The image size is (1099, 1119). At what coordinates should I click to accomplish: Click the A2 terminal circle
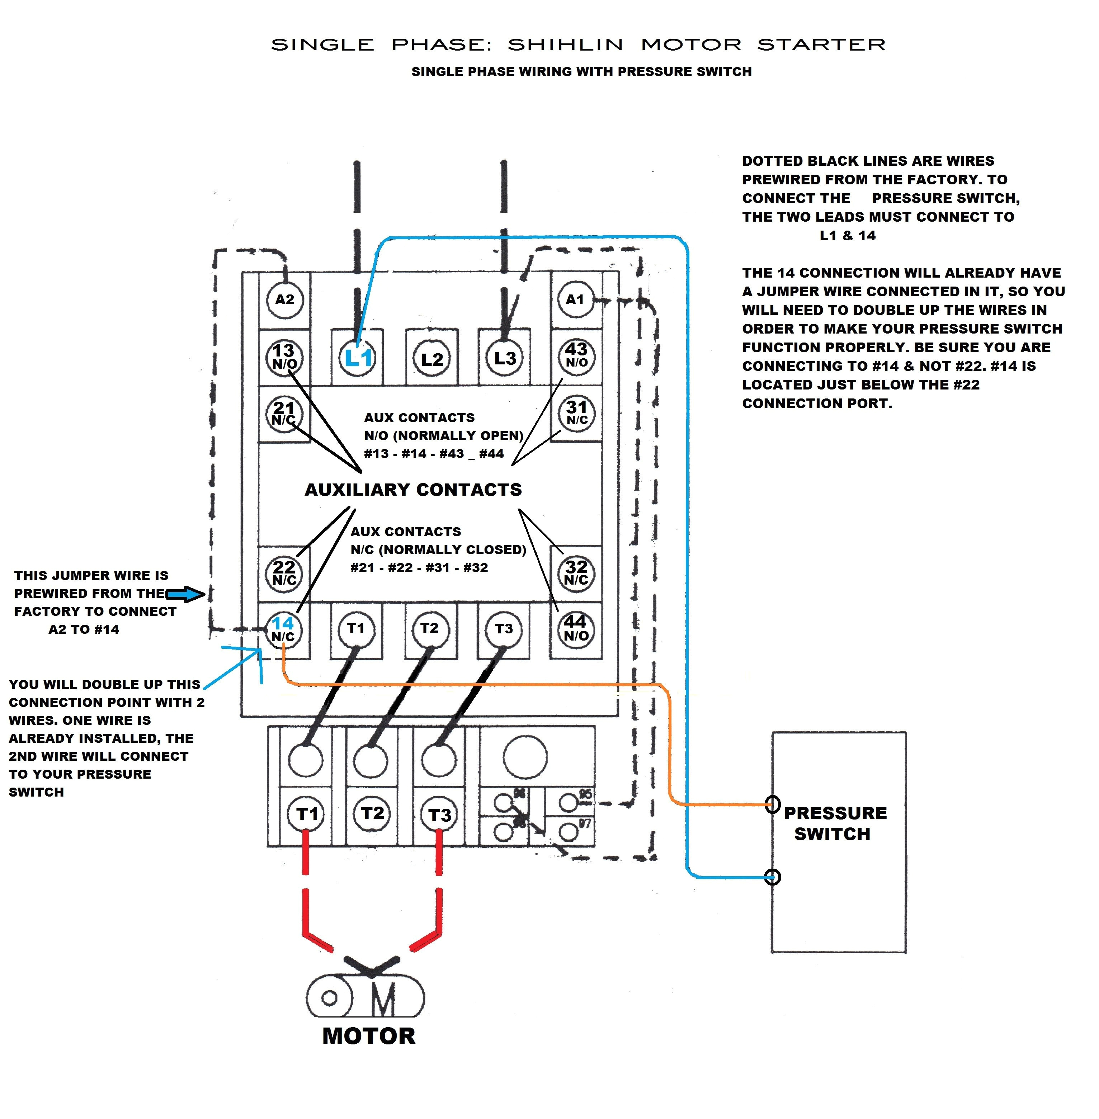pyautogui.click(x=284, y=299)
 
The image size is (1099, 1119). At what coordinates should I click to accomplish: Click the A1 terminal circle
pyautogui.click(x=575, y=299)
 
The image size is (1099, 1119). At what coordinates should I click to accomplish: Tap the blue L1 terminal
pyautogui.click(x=358, y=358)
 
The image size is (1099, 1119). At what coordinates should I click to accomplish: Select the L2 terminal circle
pyautogui.click(x=432, y=359)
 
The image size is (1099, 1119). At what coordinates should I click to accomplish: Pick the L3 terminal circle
pyautogui.click(x=504, y=358)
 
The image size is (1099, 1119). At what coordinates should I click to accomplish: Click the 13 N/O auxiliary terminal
pyautogui.click(x=284, y=357)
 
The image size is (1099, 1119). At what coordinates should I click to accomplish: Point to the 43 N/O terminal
pyautogui.click(x=576, y=355)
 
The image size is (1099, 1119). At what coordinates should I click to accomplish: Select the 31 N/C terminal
pyautogui.click(x=576, y=412)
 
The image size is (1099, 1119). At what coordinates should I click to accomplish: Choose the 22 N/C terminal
pyautogui.click(x=284, y=572)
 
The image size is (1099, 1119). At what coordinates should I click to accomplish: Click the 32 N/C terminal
pyautogui.click(x=576, y=572)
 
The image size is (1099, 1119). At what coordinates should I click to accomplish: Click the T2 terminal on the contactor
pyautogui.click(x=429, y=628)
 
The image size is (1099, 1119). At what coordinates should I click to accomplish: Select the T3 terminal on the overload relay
pyautogui.click(x=439, y=814)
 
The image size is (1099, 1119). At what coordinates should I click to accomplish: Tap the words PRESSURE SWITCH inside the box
pyautogui.click(x=835, y=823)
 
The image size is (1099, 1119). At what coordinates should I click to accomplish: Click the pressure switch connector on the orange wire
pyautogui.click(x=773, y=804)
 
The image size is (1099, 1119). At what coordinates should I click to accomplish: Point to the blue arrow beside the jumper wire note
pyautogui.click(x=186, y=594)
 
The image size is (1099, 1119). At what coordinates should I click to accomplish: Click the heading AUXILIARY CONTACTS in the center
pyautogui.click(x=413, y=489)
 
